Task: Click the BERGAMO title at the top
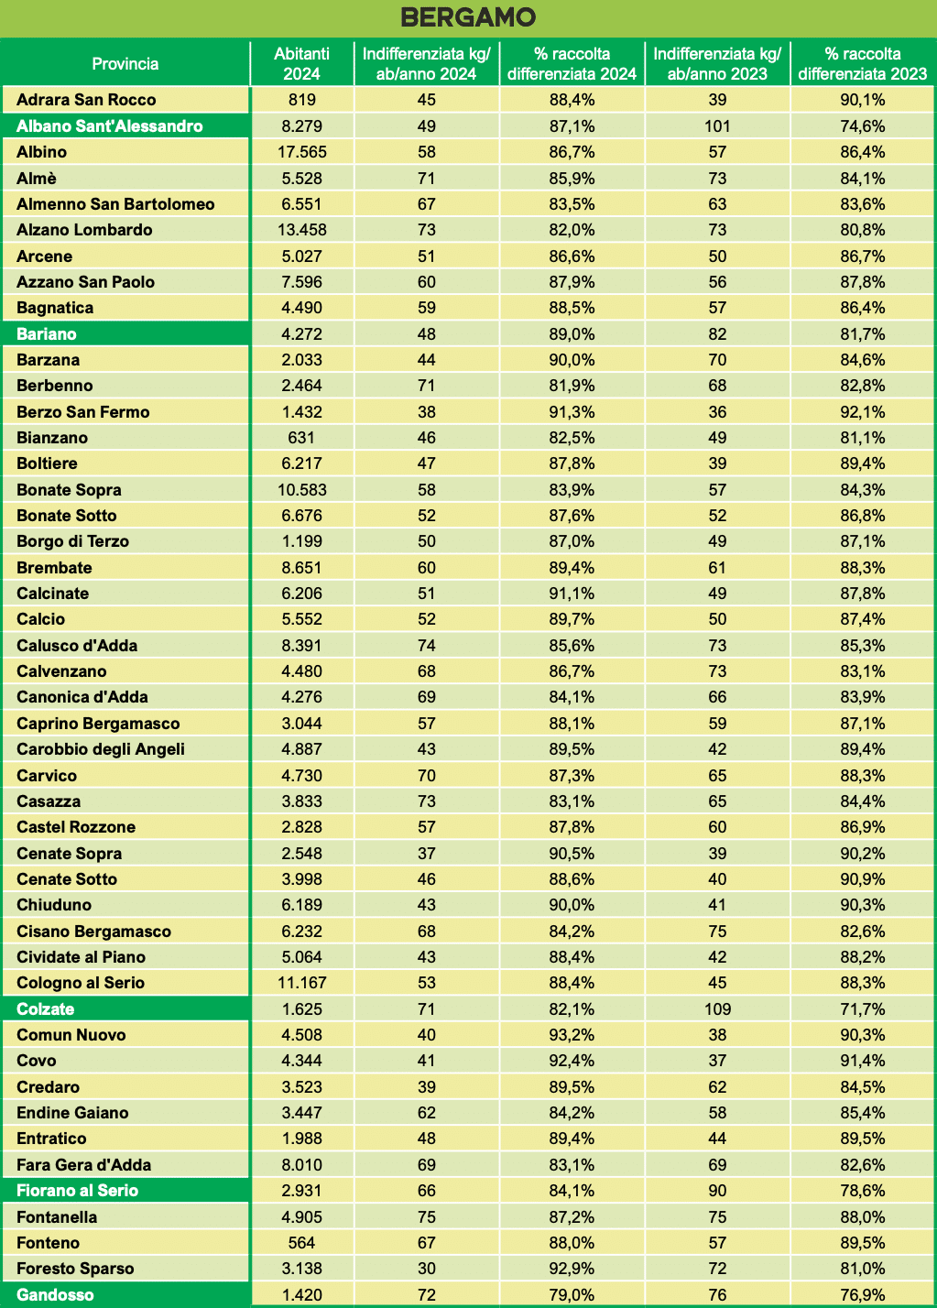(468, 17)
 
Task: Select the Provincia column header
(125, 64)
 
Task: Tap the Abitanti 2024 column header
(301, 64)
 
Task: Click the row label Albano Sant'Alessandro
(110, 126)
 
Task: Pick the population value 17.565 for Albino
(301, 152)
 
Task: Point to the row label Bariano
(47, 334)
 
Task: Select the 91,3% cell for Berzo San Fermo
(572, 412)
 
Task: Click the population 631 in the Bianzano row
(301, 438)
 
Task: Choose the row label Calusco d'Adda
(77, 646)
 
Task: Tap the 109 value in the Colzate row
(717, 1009)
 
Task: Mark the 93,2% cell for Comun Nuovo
(572, 1035)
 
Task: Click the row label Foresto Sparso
(75, 1269)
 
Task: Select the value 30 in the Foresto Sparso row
(426, 1269)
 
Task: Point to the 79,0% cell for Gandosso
(572, 1295)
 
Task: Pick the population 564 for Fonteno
(301, 1243)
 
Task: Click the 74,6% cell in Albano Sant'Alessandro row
(862, 126)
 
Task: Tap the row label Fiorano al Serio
(78, 1191)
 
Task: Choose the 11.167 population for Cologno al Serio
(301, 983)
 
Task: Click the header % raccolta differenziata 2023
(862, 64)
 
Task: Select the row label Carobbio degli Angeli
(101, 749)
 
